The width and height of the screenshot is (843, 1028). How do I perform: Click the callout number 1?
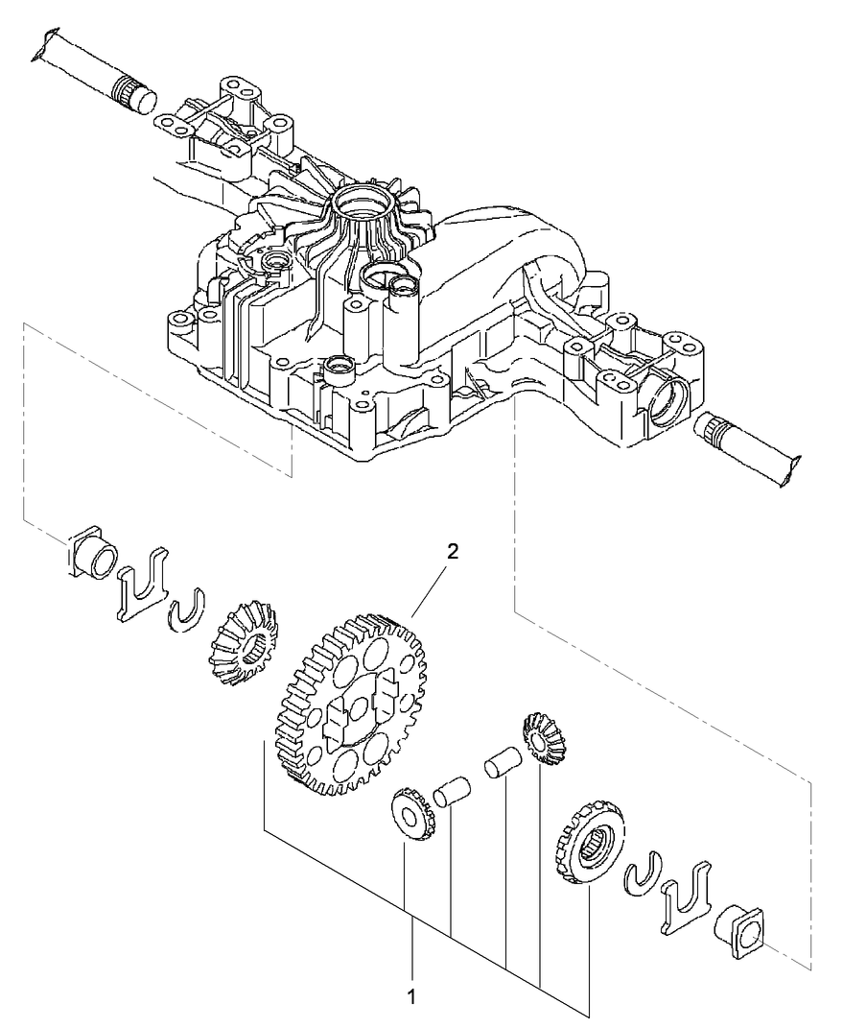click(413, 997)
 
